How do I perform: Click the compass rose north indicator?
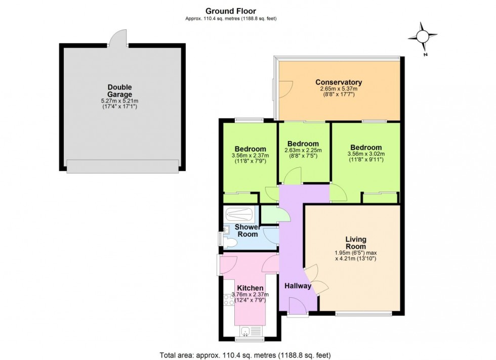point(422,37)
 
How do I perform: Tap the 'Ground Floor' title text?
point(230,11)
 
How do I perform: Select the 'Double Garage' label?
point(119,91)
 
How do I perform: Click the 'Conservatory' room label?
point(339,82)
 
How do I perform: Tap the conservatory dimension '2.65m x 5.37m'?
point(339,90)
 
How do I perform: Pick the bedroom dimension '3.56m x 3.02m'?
point(366,154)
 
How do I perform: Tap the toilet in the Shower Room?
point(230,244)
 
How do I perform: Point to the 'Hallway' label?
point(298,286)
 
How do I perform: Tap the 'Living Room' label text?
point(356,243)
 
